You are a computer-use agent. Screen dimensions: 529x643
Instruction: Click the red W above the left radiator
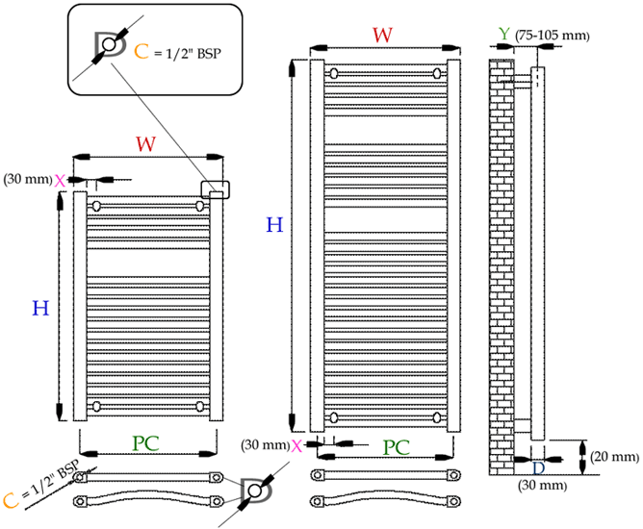(x=145, y=144)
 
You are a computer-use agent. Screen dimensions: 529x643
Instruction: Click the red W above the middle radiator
(x=382, y=34)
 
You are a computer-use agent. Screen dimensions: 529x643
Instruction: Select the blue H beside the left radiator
(x=40, y=309)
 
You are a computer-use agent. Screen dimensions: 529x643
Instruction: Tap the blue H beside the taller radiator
(x=274, y=225)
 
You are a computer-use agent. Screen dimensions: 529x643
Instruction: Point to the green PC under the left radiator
(x=145, y=443)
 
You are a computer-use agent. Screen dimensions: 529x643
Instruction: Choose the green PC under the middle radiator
(x=397, y=448)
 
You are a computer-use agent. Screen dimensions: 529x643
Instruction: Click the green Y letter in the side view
(x=504, y=35)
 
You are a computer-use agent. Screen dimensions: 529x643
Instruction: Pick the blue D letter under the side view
(x=538, y=467)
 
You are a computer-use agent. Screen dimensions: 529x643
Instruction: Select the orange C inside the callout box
(x=141, y=50)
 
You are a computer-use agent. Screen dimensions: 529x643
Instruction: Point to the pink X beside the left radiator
(x=60, y=180)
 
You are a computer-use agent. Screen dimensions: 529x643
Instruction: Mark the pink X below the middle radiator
(x=297, y=445)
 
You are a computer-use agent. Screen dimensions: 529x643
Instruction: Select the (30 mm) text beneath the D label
(x=539, y=487)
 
